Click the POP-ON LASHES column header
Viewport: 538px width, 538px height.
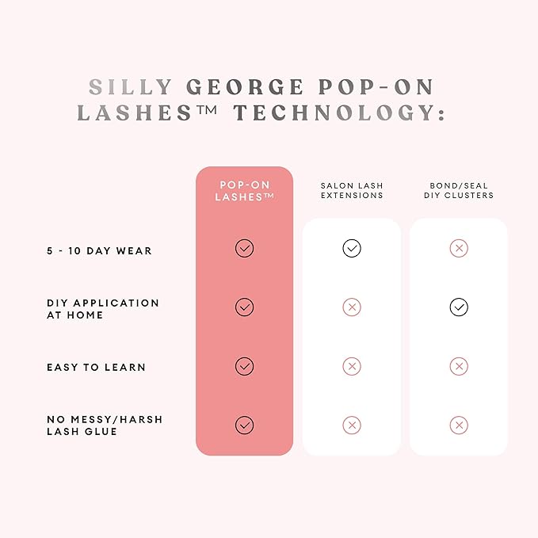coord(244,190)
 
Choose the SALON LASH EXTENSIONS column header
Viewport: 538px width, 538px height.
coord(352,190)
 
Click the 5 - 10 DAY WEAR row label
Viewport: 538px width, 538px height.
coord(98,250)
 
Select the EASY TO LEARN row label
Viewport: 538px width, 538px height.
coord(95,368)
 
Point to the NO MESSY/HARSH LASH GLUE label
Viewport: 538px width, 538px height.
coord(104,425)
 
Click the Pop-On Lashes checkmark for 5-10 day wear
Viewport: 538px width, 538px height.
coord(244,249)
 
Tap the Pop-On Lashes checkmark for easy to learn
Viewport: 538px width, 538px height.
coord(244,366)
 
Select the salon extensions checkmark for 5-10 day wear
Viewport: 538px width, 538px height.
coord(352,249)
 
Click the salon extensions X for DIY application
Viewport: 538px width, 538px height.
coord(352,307)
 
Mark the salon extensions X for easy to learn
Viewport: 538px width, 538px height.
coord(352,366)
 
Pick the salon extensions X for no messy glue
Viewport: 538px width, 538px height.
coord(352,425)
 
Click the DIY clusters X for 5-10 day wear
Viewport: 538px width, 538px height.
coord(458,249)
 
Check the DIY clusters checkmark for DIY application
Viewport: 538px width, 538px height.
coord(458,307)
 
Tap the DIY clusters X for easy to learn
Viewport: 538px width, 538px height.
coord(458,366)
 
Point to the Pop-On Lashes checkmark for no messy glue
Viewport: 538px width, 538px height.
coord(244,425)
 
